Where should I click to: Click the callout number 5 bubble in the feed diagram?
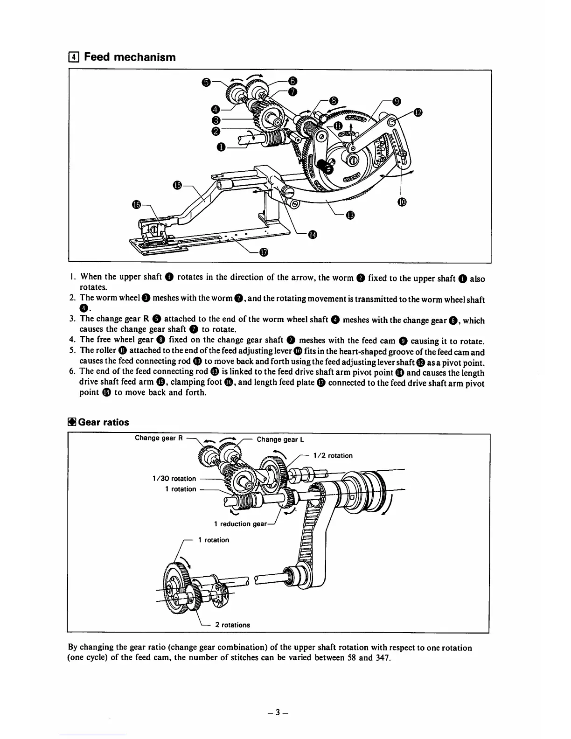coord(206,82)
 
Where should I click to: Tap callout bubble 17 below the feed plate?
coord(264,252)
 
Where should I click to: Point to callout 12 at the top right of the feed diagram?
coord(418,112)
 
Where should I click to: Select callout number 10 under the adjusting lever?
coord(402,202)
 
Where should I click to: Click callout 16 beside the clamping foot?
coord(136,204)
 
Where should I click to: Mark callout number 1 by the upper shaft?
coord(221,147)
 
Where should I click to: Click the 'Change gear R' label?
coord(155,438)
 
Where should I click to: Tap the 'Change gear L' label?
coord(280,439)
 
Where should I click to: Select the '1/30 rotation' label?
coord(174,478)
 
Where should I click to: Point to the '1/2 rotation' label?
coord(333,455)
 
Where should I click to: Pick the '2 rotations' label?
coord(232,625)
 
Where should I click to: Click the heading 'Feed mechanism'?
coord(130,57)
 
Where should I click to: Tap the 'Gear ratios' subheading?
coord(103,422)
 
